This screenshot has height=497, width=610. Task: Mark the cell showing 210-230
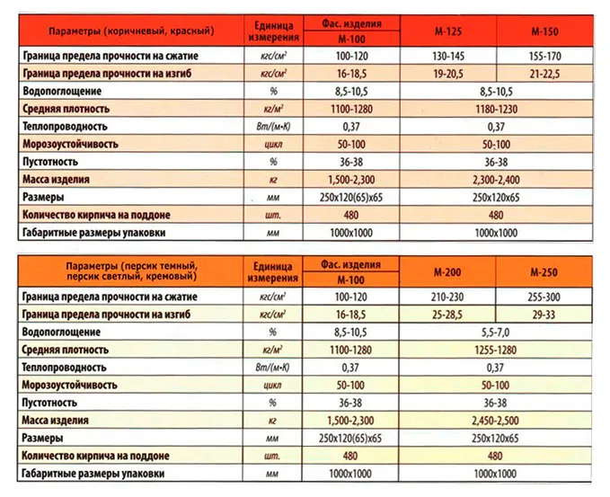point(446,296)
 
